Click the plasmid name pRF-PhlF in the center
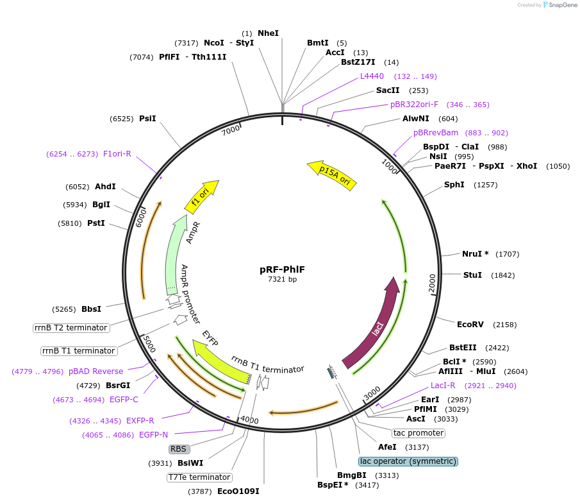pos(282,269)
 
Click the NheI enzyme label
pos(268,33)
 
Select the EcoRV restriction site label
pos(469,324)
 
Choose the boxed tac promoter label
pos(418,433)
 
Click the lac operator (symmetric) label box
pos(408,461)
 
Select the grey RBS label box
pos(178,449)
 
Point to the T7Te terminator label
pos(199,477)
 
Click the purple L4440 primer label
pos(372,76)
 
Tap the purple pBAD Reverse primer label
pos(95,371)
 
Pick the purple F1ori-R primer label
pos(117,154)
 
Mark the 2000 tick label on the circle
pos(432,283)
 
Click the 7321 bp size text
pos(282,280)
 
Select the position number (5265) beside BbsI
pos(64,309)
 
